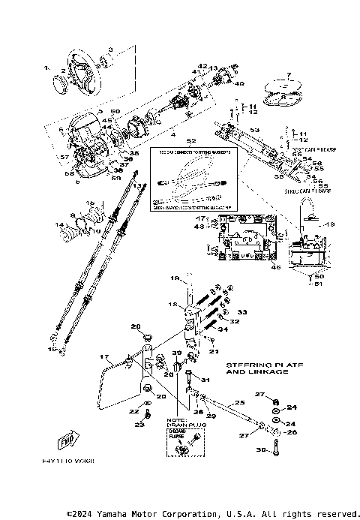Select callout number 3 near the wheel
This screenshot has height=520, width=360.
[111, 48]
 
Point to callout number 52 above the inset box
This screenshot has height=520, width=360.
[190, 140]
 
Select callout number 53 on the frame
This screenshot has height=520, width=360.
[253, 131]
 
